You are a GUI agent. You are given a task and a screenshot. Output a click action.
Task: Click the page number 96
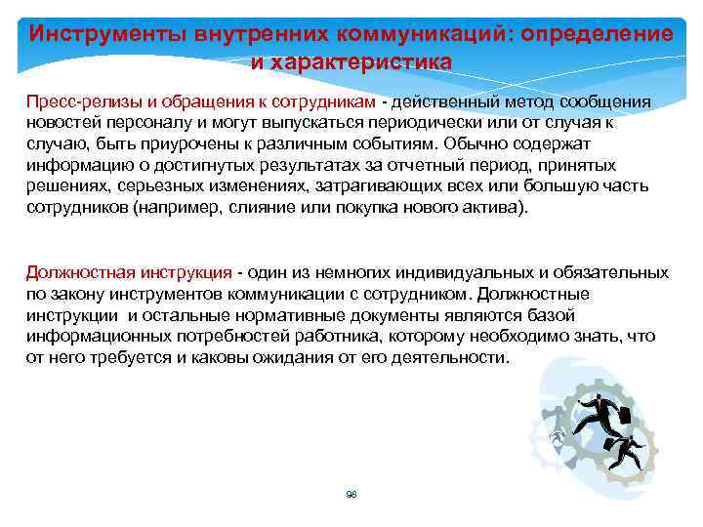pos(351,494)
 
